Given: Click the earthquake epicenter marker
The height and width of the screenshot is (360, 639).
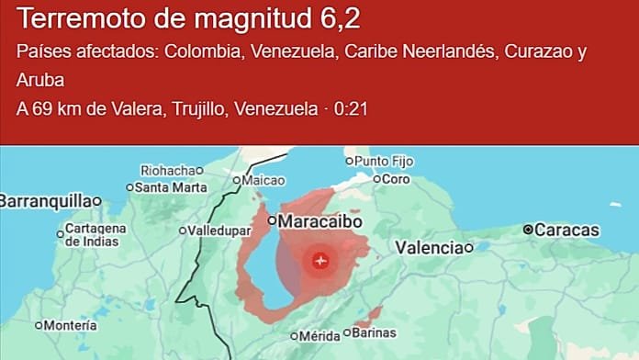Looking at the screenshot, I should click(319, 260).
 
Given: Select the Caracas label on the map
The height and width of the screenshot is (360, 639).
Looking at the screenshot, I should click(566, 230).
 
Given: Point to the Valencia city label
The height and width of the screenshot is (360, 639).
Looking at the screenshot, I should click(429, 247).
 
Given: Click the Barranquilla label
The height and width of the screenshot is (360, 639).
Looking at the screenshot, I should click(45, 200).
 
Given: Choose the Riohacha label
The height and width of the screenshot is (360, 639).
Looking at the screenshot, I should click(167, 170).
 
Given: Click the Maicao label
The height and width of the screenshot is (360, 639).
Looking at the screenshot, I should click(263, 181).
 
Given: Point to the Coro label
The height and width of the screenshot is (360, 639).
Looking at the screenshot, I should click(396, 179).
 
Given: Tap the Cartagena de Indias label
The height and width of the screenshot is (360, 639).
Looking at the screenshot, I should click(95, 234).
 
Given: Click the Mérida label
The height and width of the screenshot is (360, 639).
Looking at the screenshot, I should click(319, 336).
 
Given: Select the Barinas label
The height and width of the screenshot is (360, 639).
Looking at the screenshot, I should click(376, 332).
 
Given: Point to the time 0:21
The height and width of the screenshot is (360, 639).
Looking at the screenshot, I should click(351, 109).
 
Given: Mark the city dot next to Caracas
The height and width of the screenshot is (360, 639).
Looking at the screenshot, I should click(528, 230).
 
